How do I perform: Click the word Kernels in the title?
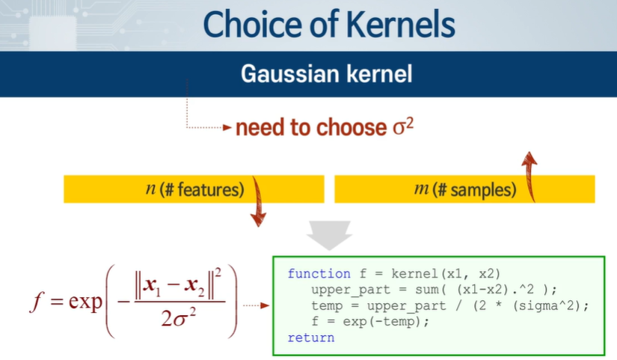point(401,25)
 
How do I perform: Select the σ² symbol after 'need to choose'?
point(403,126)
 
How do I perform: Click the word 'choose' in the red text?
point(352,128)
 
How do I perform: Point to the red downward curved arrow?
point(258,201)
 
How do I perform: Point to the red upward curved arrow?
point(529,177)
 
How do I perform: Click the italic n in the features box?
point(151,189)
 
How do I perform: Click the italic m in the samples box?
point(422,189)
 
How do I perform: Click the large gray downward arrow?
point(329,235)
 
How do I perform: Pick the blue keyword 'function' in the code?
point(319,273)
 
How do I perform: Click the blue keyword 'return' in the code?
point(311,338)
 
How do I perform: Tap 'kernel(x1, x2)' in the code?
point(446,274)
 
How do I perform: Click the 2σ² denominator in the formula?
point(179,318)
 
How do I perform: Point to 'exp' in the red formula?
point(85,301)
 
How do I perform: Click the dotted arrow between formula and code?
point(257,305)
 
